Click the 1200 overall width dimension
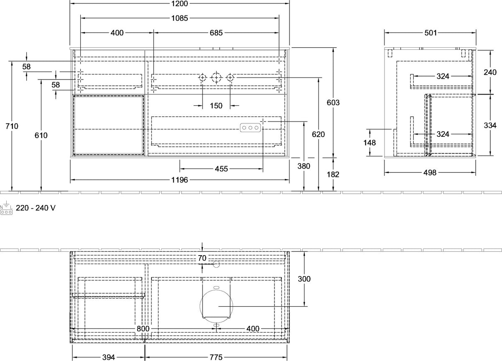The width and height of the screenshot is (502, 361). (179, 4)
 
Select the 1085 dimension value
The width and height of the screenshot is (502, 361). (179, 18)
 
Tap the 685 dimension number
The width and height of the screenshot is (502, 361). (216, 33)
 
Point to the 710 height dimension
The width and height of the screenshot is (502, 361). (12, 126)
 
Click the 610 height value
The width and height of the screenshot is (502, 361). (41, 136)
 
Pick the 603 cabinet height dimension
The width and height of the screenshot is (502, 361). (333, 102)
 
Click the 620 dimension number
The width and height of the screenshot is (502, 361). (318, 134)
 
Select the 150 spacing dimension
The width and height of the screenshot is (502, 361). (216, 106)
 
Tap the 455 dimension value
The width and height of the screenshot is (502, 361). (221, 169)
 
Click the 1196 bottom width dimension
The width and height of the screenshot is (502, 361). (179, 180)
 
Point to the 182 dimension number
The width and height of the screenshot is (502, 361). (333, 174)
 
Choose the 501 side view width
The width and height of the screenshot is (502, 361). (430, 33)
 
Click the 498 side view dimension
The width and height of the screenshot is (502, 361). (430, 173)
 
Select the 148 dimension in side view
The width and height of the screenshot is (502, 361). (369, 143)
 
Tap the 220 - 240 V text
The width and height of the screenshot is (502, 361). (36, 208)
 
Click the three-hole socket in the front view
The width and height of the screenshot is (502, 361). (250, 128)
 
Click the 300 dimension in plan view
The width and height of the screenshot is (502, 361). (304, 279)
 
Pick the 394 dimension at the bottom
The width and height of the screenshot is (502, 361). (108, 357)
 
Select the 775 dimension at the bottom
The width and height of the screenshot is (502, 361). (216, 357)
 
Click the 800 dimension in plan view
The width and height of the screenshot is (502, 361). (143, 329)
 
